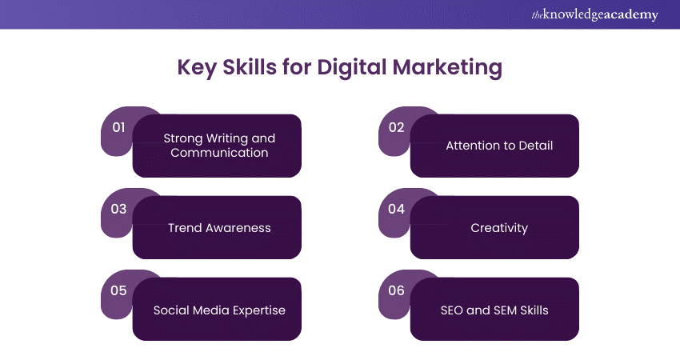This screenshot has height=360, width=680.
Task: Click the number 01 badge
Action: tap(118, 127)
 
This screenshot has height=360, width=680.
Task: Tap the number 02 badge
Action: tap(397, 127)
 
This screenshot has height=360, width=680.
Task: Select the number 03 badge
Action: tap(118, 209)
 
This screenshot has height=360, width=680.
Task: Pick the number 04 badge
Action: tap(397, 209)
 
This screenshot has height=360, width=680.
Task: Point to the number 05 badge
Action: tap(118, 290)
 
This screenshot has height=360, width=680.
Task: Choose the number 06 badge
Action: tap(397, 290)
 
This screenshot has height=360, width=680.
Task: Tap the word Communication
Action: tap(219, 152)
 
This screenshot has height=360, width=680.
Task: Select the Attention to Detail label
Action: tap(499, 146)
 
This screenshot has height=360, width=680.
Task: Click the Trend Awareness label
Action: tap(219, 228)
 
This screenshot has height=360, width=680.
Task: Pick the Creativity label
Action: tap(499, 228)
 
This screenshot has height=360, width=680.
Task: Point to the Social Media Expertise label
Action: tap(219, 310)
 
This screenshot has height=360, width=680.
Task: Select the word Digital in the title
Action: tap(356, 67)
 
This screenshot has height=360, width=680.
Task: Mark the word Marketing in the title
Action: tap(452, 67)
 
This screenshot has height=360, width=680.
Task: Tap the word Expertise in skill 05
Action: tap(258, 310)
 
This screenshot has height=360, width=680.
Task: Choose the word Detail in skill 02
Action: tap(534, 146)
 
